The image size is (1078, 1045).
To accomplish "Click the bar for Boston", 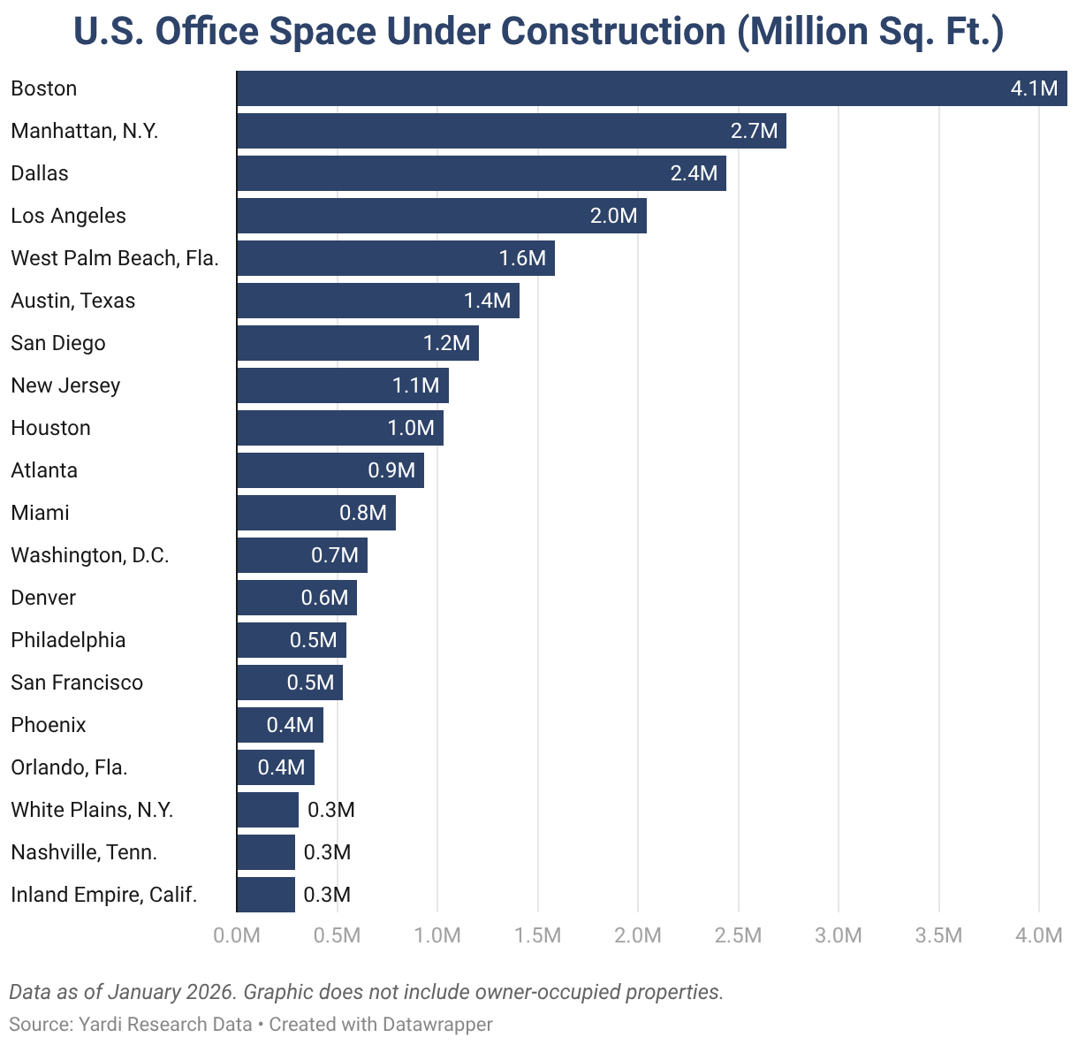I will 619,88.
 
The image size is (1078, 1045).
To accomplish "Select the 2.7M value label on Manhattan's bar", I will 754,131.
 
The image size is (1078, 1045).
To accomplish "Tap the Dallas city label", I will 40,173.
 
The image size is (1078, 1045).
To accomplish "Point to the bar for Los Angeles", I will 424,216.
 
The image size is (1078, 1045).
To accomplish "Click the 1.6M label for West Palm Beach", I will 522,258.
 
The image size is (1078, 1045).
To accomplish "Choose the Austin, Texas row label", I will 73,301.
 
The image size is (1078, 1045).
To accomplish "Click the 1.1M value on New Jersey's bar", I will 415,385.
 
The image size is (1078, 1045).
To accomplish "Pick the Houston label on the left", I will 50,428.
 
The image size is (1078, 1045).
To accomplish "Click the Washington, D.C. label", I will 90,555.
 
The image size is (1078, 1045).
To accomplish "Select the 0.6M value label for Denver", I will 324,598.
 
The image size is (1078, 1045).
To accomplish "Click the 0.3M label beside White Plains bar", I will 330,810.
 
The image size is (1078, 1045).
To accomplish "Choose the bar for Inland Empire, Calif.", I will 266,895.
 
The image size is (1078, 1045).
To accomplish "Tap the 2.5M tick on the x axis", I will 738,935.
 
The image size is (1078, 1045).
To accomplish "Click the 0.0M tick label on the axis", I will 237,935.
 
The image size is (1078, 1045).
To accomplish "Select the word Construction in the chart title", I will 615,32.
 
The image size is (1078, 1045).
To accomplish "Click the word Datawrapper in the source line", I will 437,1024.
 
